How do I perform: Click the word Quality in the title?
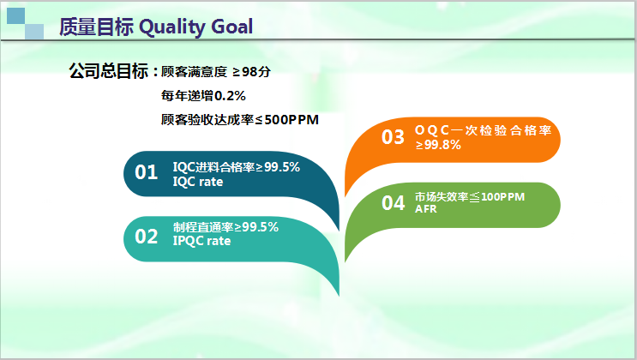172,27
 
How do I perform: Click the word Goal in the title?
232,27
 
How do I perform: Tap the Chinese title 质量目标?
96,27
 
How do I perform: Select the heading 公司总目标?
109,71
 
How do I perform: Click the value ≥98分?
251,72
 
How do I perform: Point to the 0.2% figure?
230,96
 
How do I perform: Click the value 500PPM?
291,120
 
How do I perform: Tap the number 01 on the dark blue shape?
147,172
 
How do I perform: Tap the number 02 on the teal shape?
147,237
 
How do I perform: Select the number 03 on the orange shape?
393,137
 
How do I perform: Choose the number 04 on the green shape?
393,203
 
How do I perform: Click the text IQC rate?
198,182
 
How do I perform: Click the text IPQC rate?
202,241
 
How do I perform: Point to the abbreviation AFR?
426,209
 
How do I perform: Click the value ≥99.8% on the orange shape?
438,145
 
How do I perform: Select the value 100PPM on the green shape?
503,197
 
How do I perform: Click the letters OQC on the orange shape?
432,130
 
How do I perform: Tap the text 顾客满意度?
195,72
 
